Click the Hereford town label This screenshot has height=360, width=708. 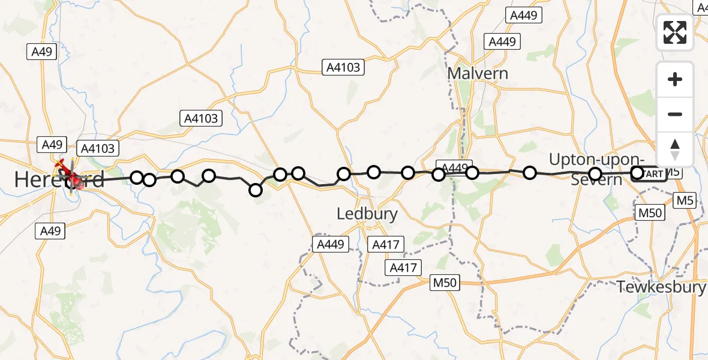59,179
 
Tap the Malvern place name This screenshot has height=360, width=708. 478,74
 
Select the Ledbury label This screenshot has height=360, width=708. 367,214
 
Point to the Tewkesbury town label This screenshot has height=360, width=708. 661,287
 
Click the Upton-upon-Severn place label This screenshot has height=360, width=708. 597,169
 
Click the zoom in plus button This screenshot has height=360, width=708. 675,79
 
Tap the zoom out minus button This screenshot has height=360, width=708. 675,114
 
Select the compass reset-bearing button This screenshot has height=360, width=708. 675,149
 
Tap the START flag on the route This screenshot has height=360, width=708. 654,174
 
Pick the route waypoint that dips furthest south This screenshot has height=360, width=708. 256,190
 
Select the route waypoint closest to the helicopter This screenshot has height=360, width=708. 137,177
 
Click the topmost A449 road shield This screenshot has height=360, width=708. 523,16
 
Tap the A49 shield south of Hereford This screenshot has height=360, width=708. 51,230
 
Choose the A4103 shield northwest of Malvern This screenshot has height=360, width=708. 343,67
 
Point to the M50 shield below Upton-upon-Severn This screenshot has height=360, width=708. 649,212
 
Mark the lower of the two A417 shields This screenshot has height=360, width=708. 404,268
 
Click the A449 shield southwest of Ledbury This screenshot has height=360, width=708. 330,244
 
